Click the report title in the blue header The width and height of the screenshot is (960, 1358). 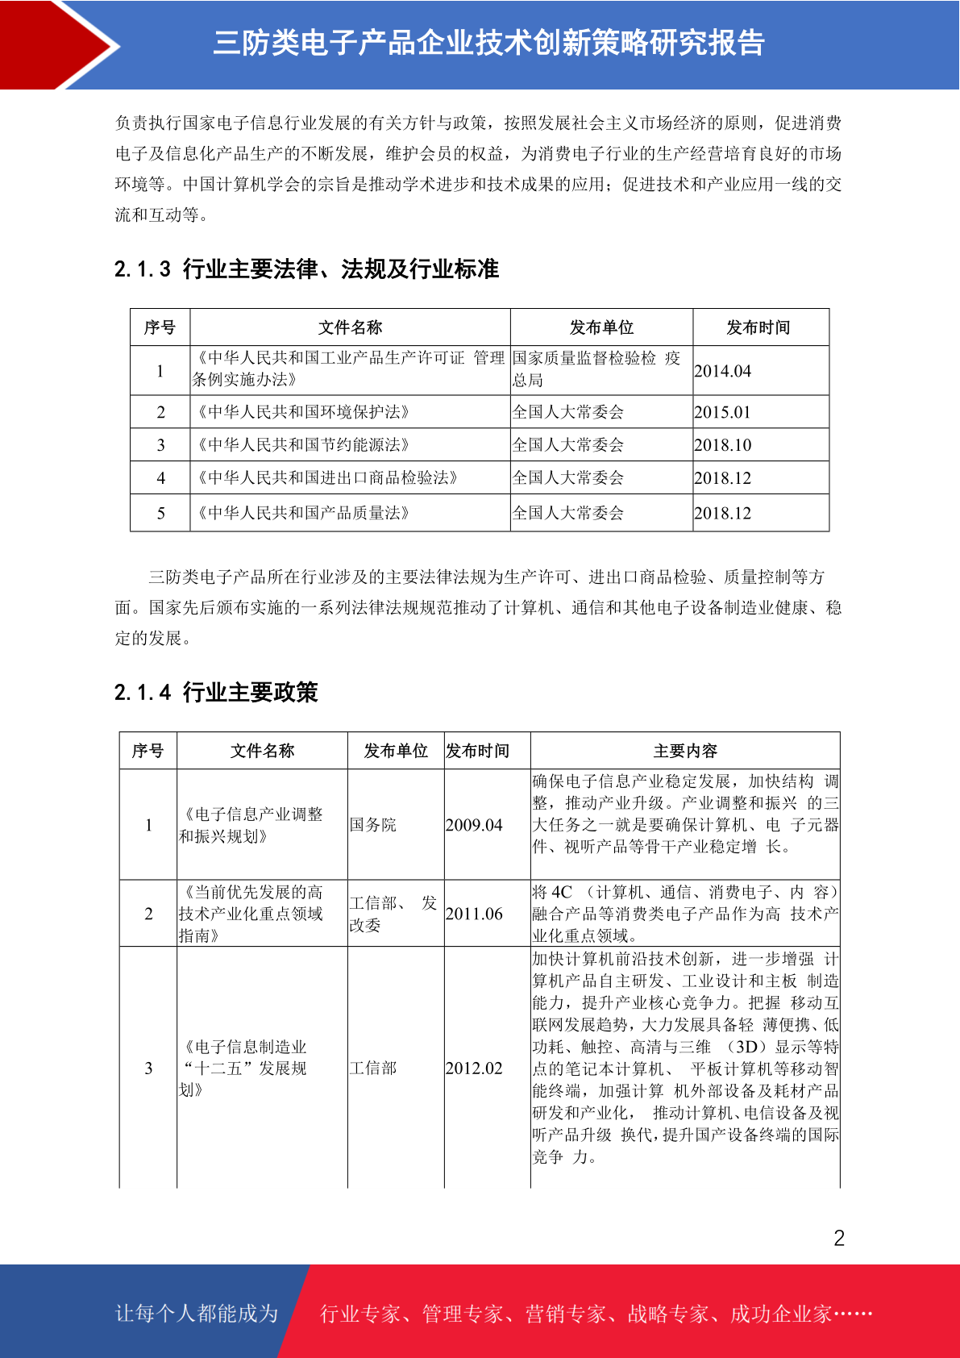coord(488,43)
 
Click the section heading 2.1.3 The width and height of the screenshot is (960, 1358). coord(306,269)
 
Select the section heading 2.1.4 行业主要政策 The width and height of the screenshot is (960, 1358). coord(216,693)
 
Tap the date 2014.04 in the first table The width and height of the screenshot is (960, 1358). coord(722,371)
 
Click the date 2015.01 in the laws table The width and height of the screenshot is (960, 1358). coord(722,412)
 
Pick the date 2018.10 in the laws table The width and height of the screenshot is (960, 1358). coord(722,445)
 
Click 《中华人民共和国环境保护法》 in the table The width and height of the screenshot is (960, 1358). coord(303,412)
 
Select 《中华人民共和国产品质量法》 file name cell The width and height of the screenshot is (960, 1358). coord(303,513)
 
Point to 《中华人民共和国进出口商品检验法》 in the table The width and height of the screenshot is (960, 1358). coord(327,478)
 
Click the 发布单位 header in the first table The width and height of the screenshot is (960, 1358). coord(601,327)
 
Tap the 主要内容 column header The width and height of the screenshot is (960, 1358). coord(685,751)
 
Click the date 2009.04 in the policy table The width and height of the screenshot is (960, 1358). coord(474,825)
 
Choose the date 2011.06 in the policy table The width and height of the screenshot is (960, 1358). coord(474,914)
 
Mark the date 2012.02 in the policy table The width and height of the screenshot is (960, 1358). coord(474,1068)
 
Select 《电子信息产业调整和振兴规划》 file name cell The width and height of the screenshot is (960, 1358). coord(251,825)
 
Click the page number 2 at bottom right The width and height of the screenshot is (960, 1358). coord(839,1239)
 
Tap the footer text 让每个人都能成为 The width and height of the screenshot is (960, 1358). coord(197,1314)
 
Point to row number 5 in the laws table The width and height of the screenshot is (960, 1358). coord(160,513)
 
